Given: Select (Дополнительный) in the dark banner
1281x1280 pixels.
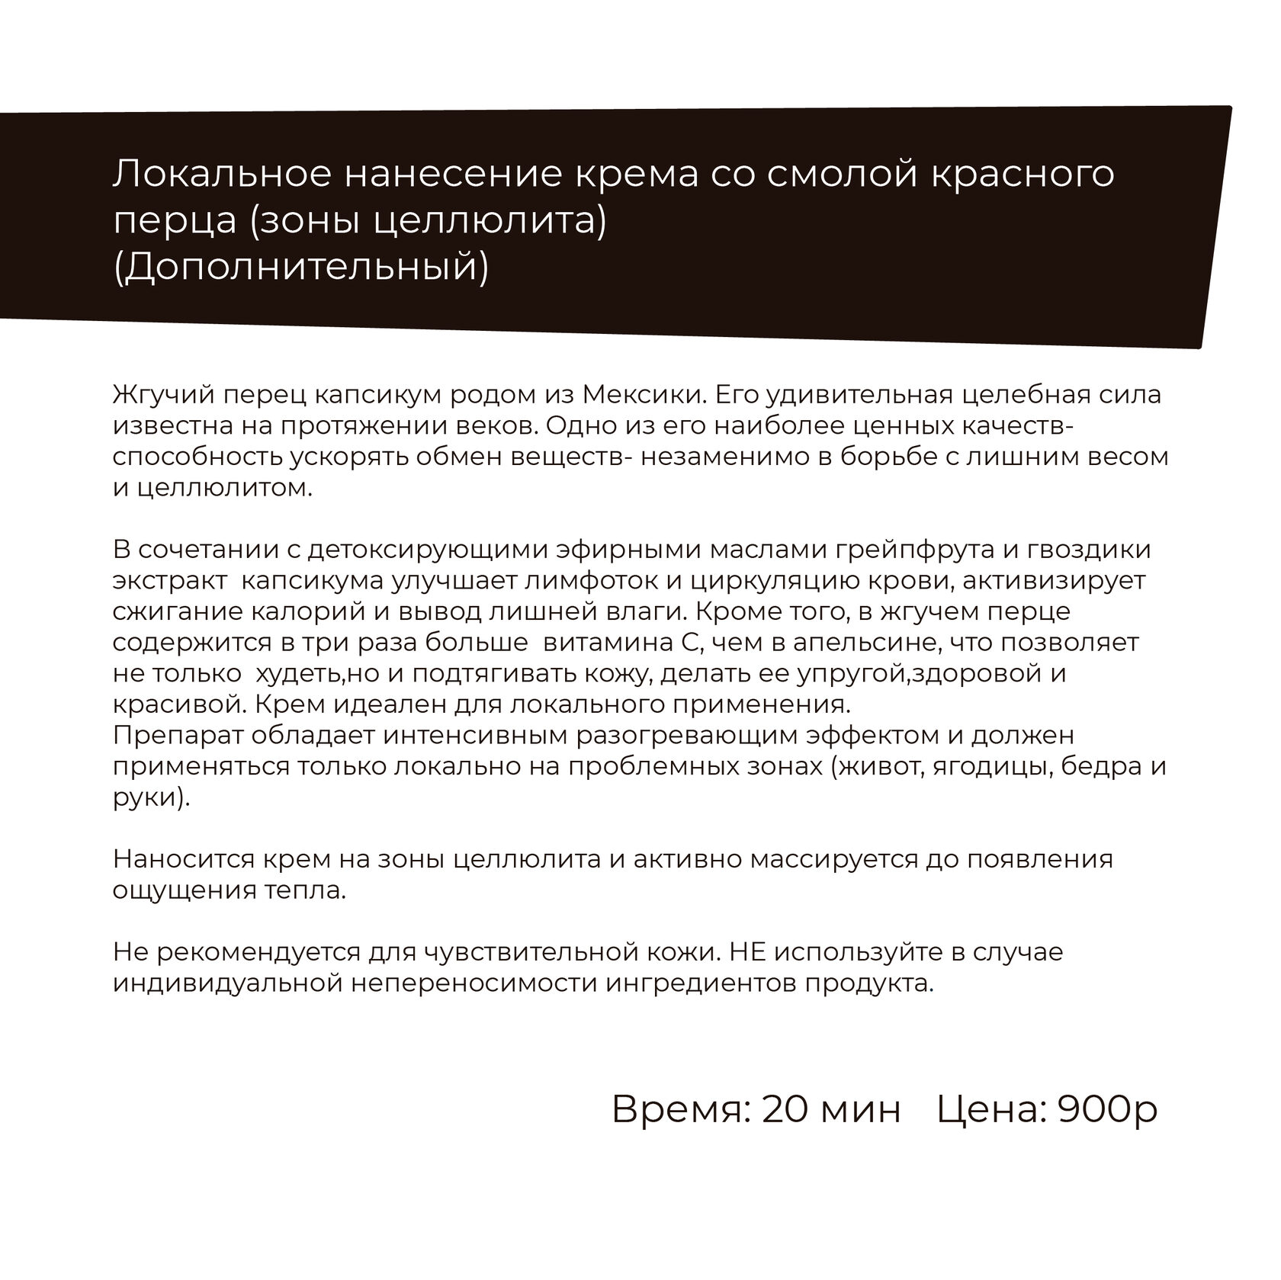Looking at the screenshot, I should pos(300,268).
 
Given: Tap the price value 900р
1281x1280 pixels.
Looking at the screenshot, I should pos(1108,1110).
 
